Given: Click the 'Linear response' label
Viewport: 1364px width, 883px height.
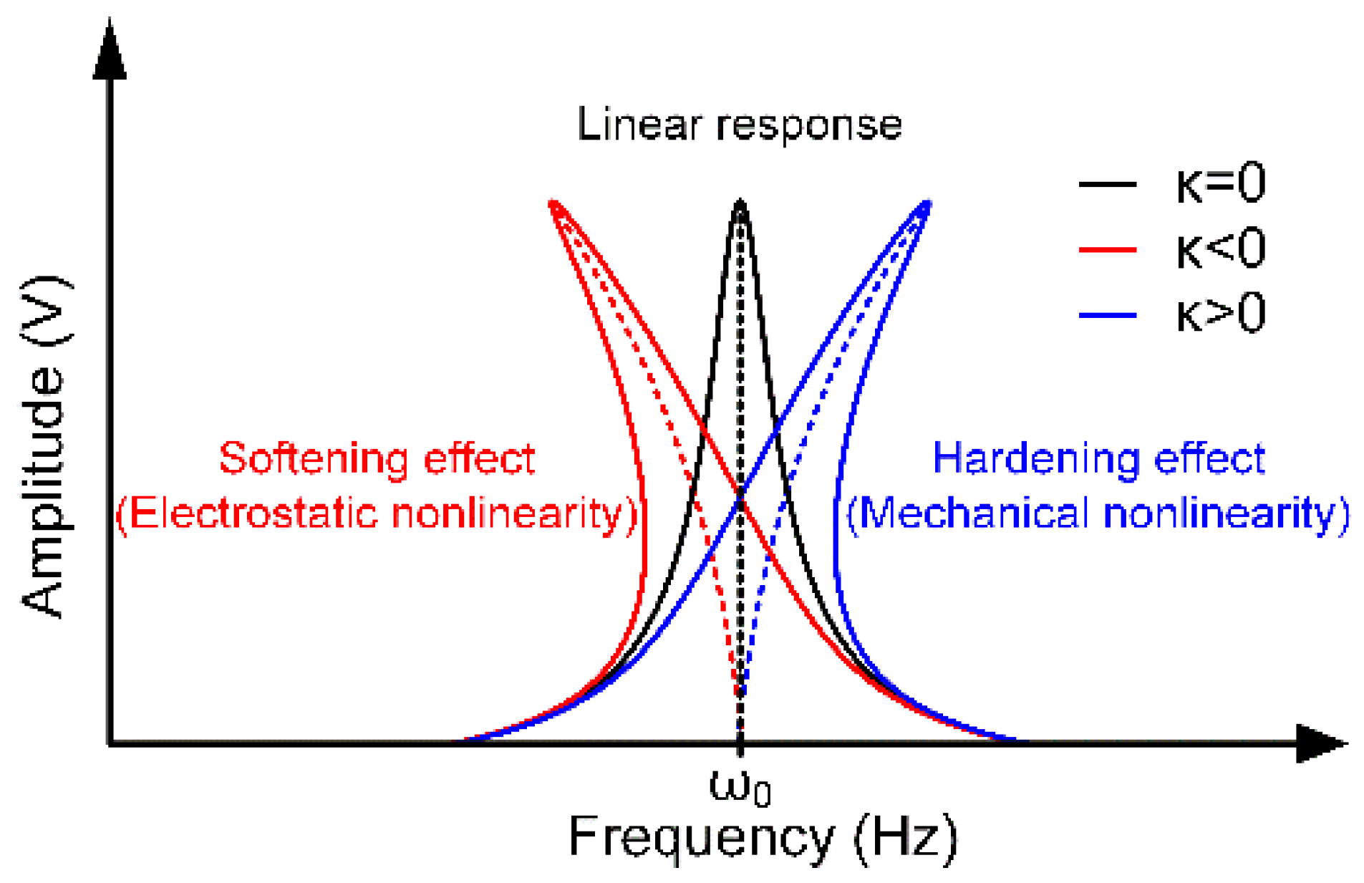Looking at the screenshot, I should click(x=739, y=125).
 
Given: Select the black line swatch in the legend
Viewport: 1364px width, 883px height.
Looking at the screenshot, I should click(x=1107, y=185).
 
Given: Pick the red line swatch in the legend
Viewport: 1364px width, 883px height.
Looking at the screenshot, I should click(x=1107, y=250).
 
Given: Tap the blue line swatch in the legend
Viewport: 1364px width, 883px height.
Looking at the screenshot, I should click(x=1107, y=315).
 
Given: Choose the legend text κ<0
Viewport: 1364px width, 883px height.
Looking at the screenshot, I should click(x=1220, y=249).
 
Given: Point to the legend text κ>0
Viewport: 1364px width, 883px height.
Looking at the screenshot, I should click(x=1220, y=314).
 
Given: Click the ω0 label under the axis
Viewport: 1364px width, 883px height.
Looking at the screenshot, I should click(x=739, y=787).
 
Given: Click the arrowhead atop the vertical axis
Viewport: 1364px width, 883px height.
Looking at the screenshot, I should click(x=110, y=50).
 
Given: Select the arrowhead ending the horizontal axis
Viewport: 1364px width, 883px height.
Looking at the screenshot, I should click(x=1321, y=743).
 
